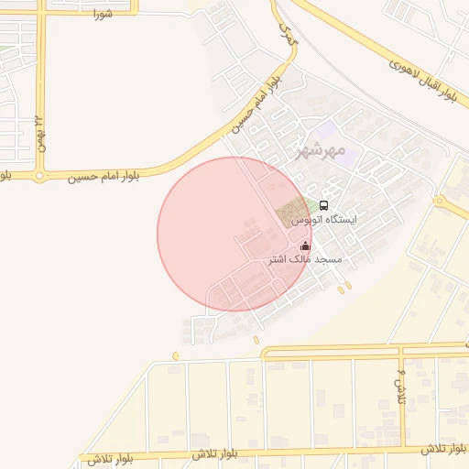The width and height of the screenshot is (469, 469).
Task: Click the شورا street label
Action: (102, 15)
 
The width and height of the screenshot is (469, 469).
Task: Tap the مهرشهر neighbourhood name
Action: (322, 150)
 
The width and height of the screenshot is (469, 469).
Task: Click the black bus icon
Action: (323, 205)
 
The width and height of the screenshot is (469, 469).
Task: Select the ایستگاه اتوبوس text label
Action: (324, 220)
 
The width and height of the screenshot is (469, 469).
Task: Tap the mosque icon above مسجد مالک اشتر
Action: (305, 245)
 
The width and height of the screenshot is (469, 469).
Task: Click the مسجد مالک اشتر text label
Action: (304, 260)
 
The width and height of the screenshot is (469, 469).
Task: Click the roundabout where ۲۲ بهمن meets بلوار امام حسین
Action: (39, 174)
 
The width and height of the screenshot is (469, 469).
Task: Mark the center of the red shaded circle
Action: (234, 234)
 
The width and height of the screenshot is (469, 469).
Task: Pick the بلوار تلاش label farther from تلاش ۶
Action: (215, 454)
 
